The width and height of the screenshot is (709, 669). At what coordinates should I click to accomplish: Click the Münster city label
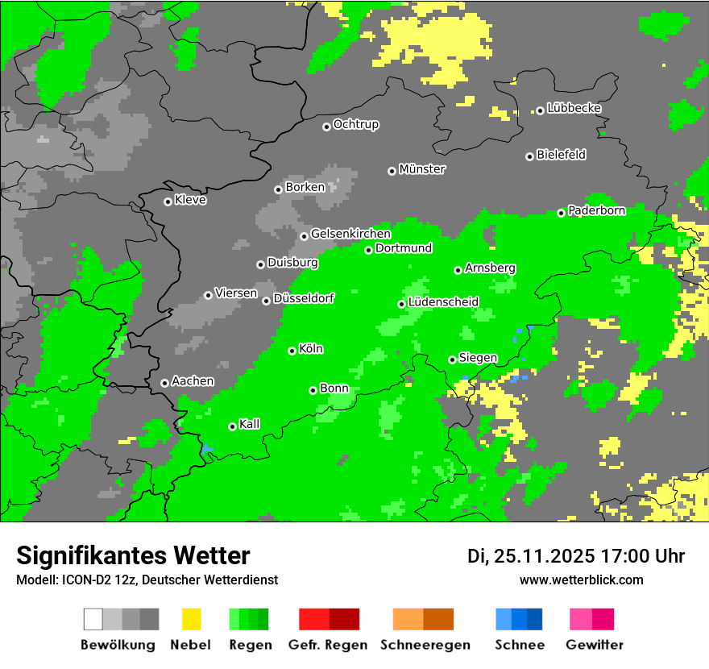(x=422, y=169)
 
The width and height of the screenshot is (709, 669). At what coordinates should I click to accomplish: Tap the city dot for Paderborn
(x=562, y=213)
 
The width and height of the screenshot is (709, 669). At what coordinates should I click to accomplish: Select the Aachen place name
(x=193, y=381)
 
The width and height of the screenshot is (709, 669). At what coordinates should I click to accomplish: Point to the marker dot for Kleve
(x=168, y=202)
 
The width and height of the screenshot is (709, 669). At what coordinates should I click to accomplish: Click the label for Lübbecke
(x=574, y=108)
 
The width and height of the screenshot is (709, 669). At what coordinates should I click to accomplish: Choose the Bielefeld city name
(x=561, y=155)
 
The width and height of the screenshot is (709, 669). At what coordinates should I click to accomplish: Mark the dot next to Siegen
(x=452, y=359)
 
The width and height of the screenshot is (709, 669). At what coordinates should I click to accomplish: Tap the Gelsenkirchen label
(x=350, y=234)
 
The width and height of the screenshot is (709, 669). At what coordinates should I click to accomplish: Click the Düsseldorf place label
(x=304, y=298)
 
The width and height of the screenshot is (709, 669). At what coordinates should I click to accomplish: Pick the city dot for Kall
(x=232, y=426)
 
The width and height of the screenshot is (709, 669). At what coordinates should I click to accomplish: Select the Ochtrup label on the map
(x=355, y=124)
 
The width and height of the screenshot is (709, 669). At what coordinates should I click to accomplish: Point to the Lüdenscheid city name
(x=443, y=302)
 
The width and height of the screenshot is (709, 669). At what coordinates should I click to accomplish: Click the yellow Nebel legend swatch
(x=192, y=619)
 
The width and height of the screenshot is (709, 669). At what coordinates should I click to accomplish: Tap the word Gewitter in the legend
(x=595, y=645)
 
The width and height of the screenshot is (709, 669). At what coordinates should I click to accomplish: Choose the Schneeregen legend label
(x=425, y=645)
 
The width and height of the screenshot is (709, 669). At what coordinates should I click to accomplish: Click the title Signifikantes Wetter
(x=133, y=555)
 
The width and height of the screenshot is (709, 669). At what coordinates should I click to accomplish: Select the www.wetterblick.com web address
(x=581, y=580)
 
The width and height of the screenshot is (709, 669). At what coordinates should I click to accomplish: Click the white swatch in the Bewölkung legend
(x=93, y=619)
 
